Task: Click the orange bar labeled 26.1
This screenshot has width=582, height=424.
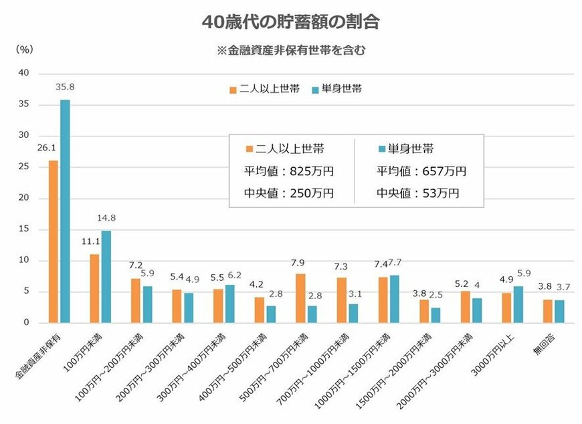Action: [53, 241]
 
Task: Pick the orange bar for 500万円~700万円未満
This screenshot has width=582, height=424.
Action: [301, 298]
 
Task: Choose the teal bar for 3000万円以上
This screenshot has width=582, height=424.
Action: [518, 304]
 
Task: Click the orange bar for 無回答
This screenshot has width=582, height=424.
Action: [548, 311]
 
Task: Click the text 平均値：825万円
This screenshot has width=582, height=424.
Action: [289, 171]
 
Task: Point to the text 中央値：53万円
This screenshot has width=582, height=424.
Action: [417, 194]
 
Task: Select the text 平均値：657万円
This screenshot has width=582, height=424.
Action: [421, 171]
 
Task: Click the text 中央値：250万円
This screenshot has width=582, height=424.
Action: [289, 194]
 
